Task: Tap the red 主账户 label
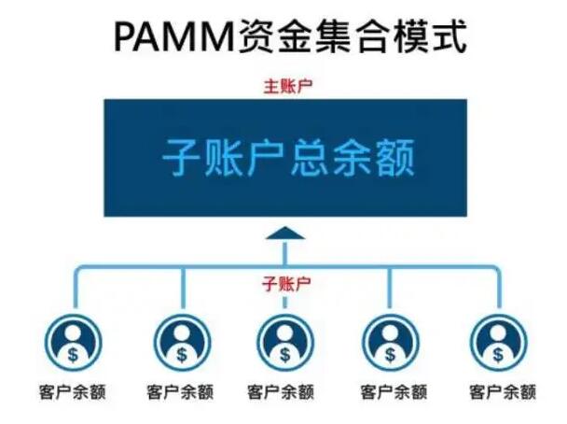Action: coord(284,86)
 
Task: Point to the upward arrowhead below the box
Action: coord(284,233)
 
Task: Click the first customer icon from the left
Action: coord(75,341)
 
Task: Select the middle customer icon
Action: coord(284,341)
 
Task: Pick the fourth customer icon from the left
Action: coord(391,341)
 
